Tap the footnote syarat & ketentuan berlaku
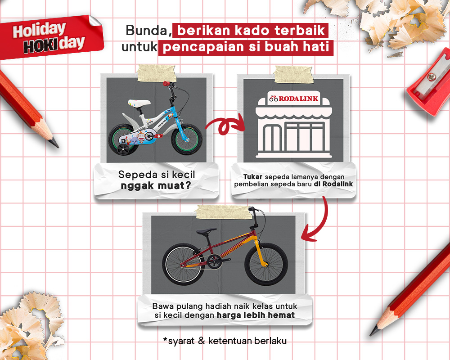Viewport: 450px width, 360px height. click(x=225, y=341)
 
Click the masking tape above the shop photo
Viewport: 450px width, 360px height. click(x=292, y=74)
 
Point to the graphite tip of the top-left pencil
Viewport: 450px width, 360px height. click(x=55, y=144)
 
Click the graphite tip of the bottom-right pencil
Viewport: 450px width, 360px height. click(x=373, y=332)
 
